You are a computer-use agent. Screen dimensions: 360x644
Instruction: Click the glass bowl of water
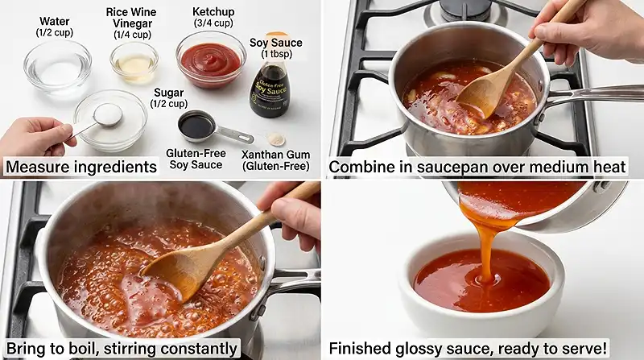point(56,66)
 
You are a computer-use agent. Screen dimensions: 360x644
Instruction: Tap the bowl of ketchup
point(211,60)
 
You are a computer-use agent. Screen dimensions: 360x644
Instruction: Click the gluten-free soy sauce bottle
point(269,90)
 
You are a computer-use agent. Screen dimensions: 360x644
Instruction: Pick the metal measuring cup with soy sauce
point(198,126)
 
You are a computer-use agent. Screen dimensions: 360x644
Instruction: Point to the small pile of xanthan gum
point(276,139)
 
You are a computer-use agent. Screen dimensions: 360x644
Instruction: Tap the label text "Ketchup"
point(213,12)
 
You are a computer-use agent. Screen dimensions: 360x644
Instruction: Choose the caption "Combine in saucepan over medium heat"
point(477,168)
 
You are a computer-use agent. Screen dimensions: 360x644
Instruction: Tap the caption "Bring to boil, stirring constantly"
point(121,349)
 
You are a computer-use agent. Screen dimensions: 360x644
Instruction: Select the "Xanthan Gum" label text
point(275,153)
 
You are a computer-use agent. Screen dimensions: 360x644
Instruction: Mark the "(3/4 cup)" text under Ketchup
point(213,23)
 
